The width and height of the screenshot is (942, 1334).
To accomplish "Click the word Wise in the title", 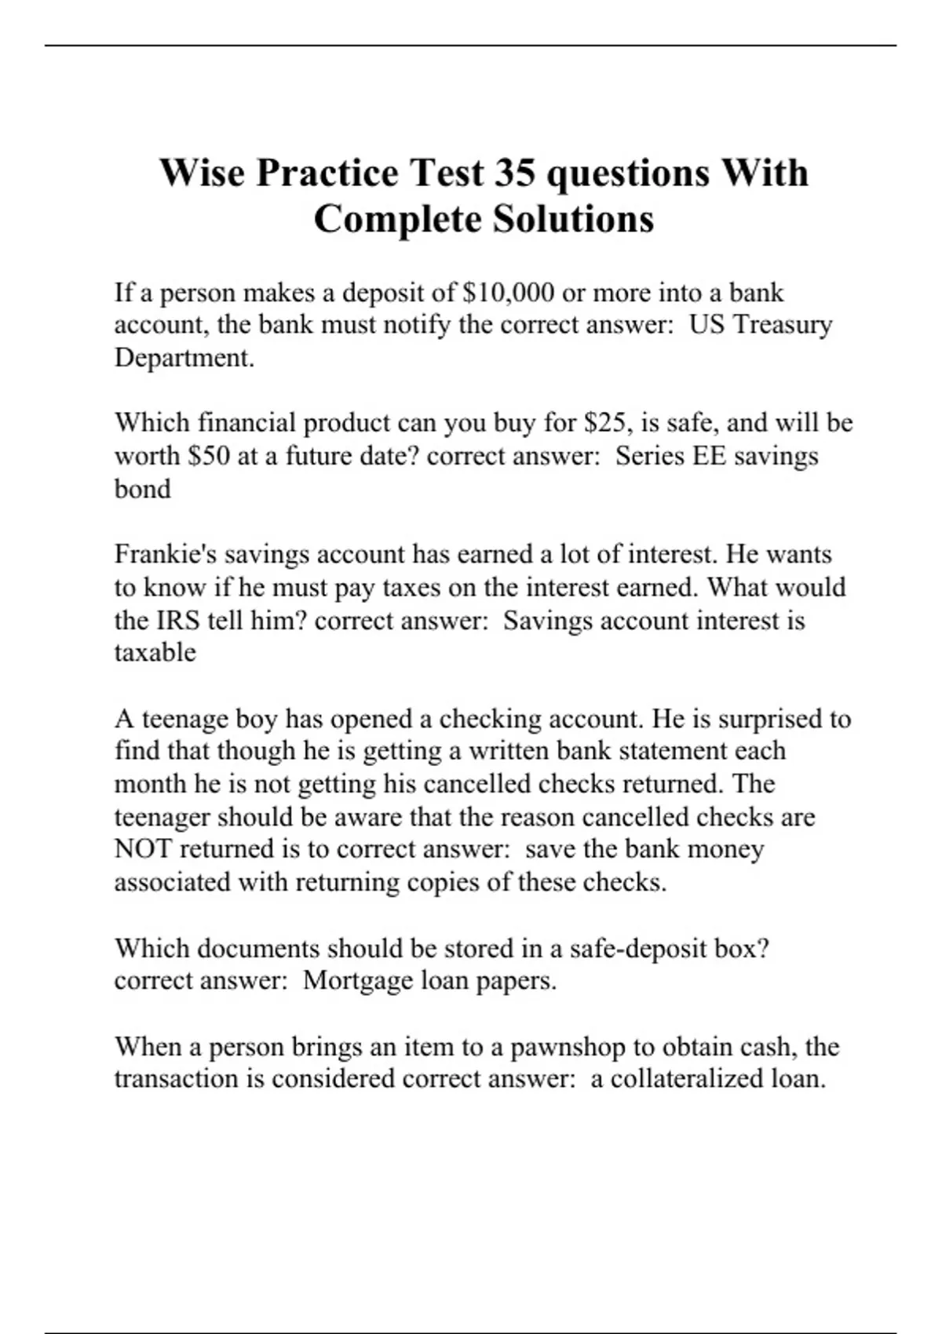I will coord(202,173).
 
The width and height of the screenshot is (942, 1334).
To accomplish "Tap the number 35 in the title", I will coord(514,173).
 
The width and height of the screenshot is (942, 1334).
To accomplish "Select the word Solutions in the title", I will coord(573,219).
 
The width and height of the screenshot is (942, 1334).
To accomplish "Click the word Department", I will coord(184,358).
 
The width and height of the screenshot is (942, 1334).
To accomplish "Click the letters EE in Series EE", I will coord(709,456).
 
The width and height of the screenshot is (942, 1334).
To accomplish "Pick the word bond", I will coord(142,489).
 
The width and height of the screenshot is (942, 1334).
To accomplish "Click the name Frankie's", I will coord(165,555).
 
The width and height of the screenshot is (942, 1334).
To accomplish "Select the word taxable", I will coord(155,652).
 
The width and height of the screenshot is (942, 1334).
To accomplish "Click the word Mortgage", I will coord(357,981).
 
